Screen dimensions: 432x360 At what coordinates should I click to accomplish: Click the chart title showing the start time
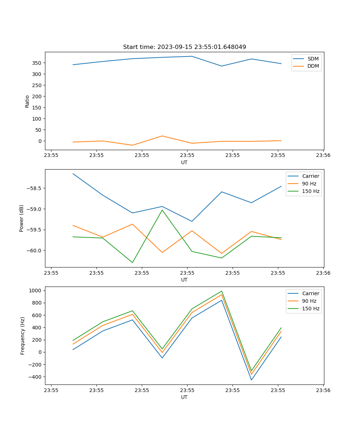point(184,47)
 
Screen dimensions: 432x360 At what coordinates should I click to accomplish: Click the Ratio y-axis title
point(27,101)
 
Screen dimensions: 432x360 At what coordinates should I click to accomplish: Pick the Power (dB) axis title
point(22,218)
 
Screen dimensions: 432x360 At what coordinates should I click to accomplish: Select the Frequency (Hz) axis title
point(22,336)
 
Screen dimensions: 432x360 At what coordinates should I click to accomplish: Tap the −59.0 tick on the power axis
point(35,209)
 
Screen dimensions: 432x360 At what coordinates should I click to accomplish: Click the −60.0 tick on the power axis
point(35,251)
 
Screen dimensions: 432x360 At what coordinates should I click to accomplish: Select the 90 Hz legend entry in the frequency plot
point(309,301)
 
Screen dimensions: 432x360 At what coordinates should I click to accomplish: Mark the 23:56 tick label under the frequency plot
point(323,390)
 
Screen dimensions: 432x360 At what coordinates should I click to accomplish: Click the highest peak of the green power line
point(162,210)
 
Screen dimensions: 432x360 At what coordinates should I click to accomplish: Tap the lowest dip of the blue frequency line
point(251,380)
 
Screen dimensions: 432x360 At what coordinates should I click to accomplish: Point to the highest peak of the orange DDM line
point(162,136)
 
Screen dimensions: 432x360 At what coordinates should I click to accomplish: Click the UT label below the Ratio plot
point(184,162)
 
